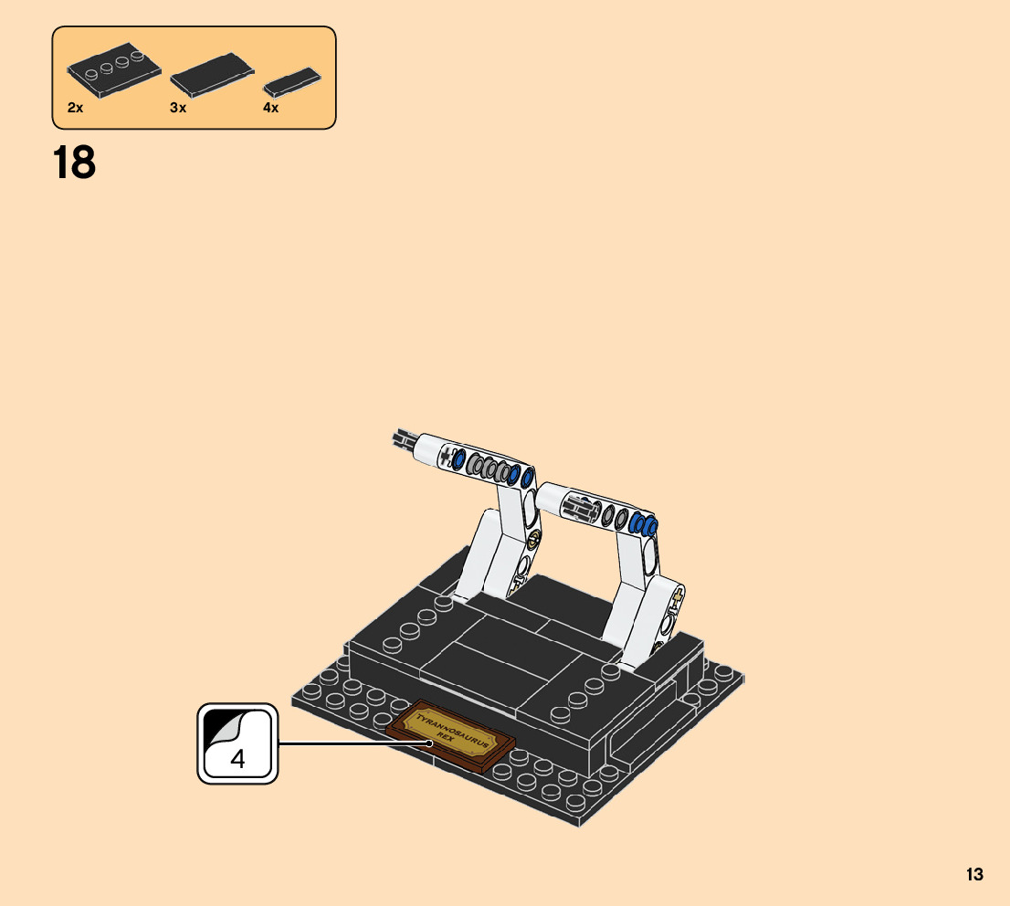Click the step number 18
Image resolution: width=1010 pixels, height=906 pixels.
click(74, 163)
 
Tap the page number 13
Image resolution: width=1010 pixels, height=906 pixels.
click(974, 874)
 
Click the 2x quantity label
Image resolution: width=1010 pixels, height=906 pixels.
click(76, 108)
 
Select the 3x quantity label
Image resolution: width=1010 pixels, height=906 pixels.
click(178, 108)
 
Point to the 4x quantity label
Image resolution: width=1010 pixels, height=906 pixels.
click(270, 108)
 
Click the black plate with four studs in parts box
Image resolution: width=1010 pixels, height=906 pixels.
click(114, 70)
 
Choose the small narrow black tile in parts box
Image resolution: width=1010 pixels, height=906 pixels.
click(292, 82)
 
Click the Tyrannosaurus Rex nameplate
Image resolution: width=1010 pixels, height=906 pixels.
click(450, 735)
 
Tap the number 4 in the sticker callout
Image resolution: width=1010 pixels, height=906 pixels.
click(237, 759)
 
